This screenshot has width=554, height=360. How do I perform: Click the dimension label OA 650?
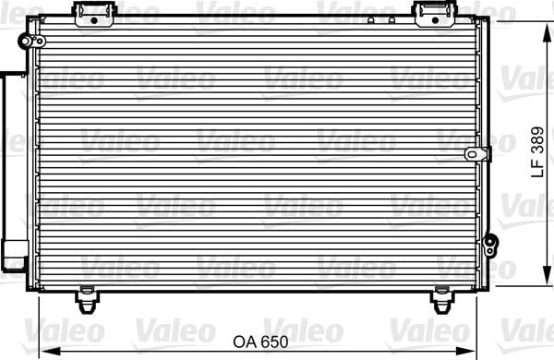pyautogui.click(x=260, y=342)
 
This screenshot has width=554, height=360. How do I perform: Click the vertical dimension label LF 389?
pyautogui.click(x=537, y=152)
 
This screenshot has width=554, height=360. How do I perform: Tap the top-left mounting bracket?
pyautogui.click(x=94, y=14)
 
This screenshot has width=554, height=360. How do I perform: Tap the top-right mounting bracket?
pyautogui.click(x=435, y=14)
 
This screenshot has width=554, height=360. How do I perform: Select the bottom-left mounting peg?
pyautogui.click(x=87, y=300)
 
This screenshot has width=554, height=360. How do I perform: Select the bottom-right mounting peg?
pyautogui.click(x=441, y=300)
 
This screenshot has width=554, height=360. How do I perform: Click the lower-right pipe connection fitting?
pyautogui.click(x=490, y=246)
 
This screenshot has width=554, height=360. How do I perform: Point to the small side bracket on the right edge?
pyautogui.click(x=477, y=154)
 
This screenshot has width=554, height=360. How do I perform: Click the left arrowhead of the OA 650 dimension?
pyautogui.click(x=49, y=352)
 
